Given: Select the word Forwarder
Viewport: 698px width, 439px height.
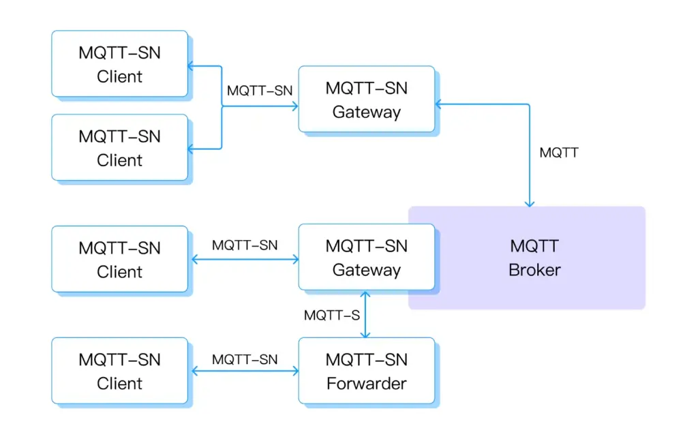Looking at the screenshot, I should (366, 384).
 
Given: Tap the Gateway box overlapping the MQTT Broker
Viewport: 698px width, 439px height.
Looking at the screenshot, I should (366, 258).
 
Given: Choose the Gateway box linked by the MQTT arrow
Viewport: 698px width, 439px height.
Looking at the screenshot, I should (366, 100).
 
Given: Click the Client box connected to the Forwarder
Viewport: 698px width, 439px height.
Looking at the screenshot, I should (120, 372).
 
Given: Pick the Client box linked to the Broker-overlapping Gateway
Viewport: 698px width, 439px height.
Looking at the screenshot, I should (120, 260).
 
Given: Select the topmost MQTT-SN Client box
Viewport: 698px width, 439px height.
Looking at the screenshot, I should (120, 64).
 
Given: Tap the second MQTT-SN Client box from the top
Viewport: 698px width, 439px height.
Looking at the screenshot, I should (120, 148).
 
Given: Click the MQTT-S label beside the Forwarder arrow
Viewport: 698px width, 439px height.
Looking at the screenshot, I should (332, 316).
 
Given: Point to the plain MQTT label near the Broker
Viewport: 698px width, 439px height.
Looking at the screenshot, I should (559, 153).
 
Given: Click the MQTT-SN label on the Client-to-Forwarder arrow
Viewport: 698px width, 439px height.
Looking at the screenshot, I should (245, 359).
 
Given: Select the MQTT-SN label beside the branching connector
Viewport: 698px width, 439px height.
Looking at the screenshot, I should (260, 91).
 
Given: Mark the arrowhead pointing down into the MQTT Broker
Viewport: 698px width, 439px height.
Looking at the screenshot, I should (530, 202).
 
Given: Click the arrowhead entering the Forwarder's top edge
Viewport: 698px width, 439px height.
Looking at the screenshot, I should (366, 334).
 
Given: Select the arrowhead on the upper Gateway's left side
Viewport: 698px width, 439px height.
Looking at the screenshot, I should (294, 106).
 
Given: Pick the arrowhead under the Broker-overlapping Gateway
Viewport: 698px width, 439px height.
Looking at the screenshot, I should (366, 295).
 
